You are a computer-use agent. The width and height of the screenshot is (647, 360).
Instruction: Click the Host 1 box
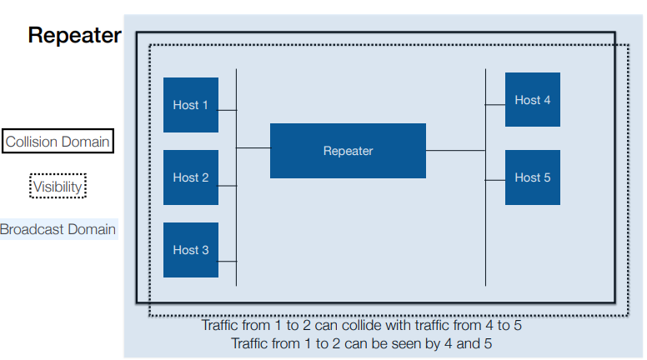click(x=190, y=105)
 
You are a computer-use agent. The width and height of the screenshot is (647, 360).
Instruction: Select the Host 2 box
click(x=190, y=177)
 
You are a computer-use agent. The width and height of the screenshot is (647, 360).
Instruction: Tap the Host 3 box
click(x=190, y=250)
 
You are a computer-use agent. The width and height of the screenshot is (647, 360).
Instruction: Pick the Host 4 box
click(x=532, y=100)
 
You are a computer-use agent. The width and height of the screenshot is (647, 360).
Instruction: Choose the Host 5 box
click(x=532, y=177)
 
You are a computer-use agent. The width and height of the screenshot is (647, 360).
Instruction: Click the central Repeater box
click(x=348, y=151)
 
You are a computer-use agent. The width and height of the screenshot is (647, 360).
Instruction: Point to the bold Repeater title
click(x=74, y=36)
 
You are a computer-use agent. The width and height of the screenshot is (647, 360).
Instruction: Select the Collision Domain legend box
click(x=58, y=142)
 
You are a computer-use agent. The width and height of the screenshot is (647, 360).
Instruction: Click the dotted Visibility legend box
click(x=58, y=187)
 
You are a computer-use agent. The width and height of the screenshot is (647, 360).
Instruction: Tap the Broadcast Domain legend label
click(x=58, y=229)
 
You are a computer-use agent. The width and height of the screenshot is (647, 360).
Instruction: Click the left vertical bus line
click(x=237, y=217)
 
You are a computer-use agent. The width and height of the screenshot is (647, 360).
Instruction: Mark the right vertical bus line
click(x=486, y=233)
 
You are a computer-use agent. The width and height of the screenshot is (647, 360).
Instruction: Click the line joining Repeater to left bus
click(x=253, y=148)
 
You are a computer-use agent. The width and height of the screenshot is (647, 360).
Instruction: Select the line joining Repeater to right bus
click(x=456, y=151)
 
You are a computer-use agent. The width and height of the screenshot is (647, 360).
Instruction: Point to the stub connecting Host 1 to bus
click(x=228, y=110)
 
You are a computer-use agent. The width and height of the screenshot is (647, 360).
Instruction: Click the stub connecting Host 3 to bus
click(x=228, y=262)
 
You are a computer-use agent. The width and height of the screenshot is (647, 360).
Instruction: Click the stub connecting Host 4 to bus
click(x=495, y=104)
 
